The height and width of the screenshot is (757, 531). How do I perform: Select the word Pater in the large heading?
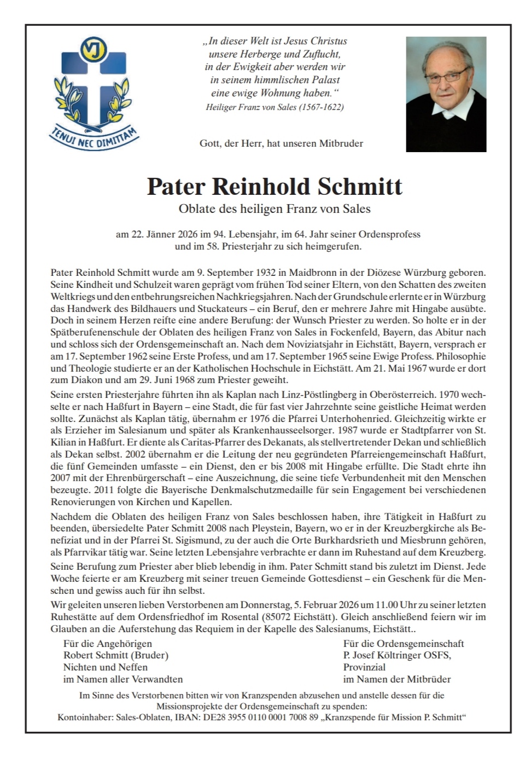tap(175, 187)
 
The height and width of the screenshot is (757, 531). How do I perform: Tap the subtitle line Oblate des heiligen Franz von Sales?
tap(275, 209)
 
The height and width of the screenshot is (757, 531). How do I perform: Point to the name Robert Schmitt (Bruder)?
tap(116, 655)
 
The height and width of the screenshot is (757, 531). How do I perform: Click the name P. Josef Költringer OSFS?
tap(397, 655)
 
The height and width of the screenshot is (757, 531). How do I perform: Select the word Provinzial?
tap(364, 667)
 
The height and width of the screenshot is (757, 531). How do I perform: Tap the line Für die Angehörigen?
tap(108, 644)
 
